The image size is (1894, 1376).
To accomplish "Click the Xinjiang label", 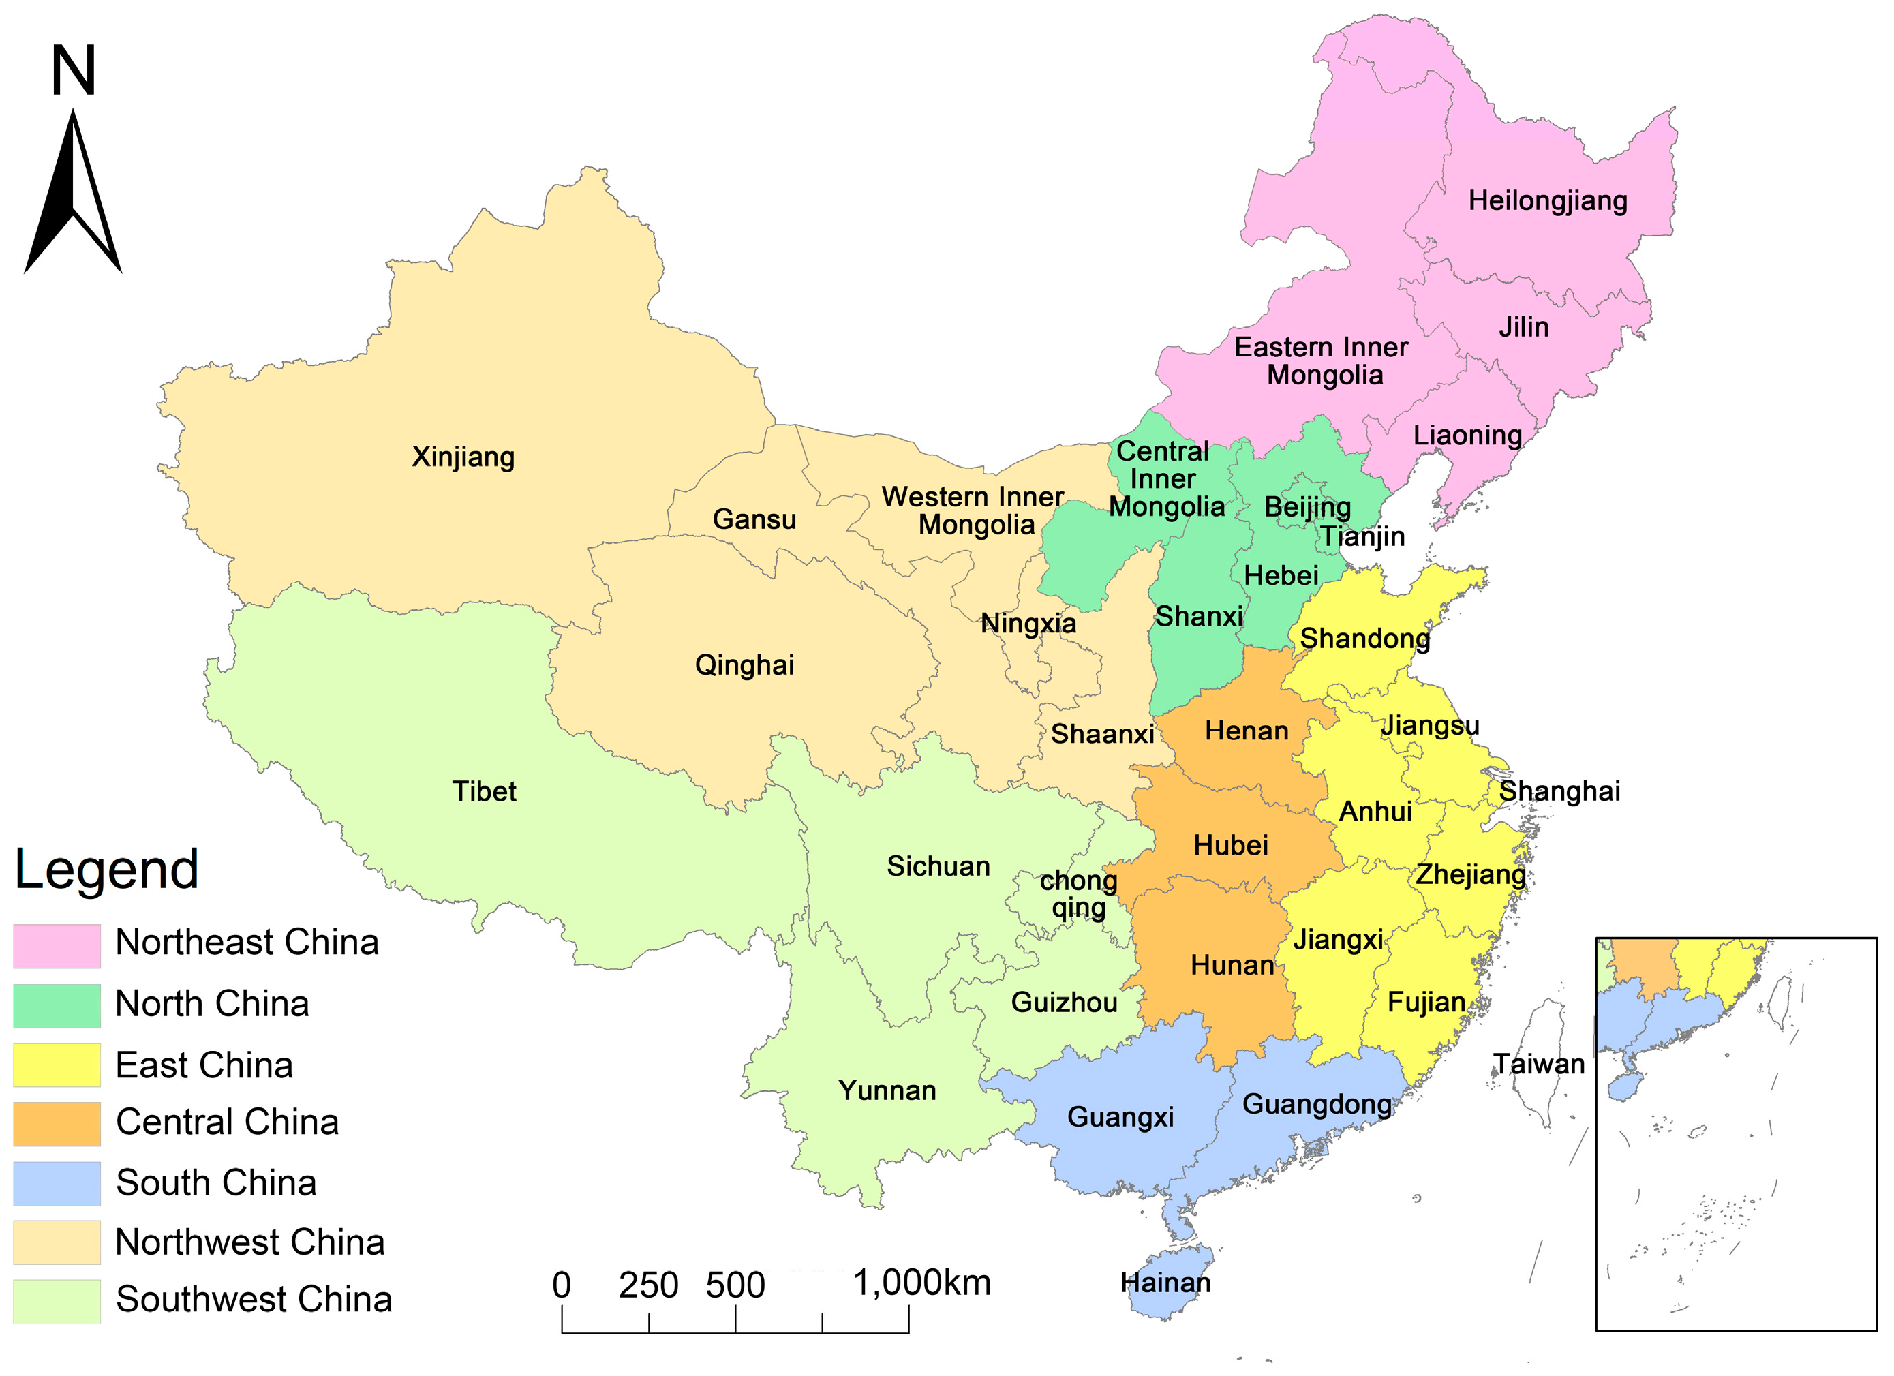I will (463, 457).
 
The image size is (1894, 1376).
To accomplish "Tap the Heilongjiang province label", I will (1547, 201).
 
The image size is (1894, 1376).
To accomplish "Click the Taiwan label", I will (1538, 1064).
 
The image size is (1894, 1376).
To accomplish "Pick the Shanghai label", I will (1559, 791).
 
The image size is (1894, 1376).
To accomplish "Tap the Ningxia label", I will (1028, 623).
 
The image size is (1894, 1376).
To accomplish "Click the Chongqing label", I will (1078, 893).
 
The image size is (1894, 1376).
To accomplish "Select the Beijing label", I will (1307, 507).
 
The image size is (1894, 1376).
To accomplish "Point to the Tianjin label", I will (1362, 536).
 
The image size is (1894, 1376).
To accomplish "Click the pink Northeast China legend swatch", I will (57, 946).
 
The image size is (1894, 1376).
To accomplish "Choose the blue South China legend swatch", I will (57, 1183).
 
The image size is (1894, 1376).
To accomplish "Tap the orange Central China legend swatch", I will (57, 1124).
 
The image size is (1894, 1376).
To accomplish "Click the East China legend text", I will (204, 1065).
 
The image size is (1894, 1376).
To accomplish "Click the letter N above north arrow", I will (74, 71).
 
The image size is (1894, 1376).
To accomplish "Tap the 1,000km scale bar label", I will (921, 1283).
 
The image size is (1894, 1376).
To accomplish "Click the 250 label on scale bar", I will (648, 1285).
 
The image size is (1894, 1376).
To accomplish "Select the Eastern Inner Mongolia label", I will (1322, 361).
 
